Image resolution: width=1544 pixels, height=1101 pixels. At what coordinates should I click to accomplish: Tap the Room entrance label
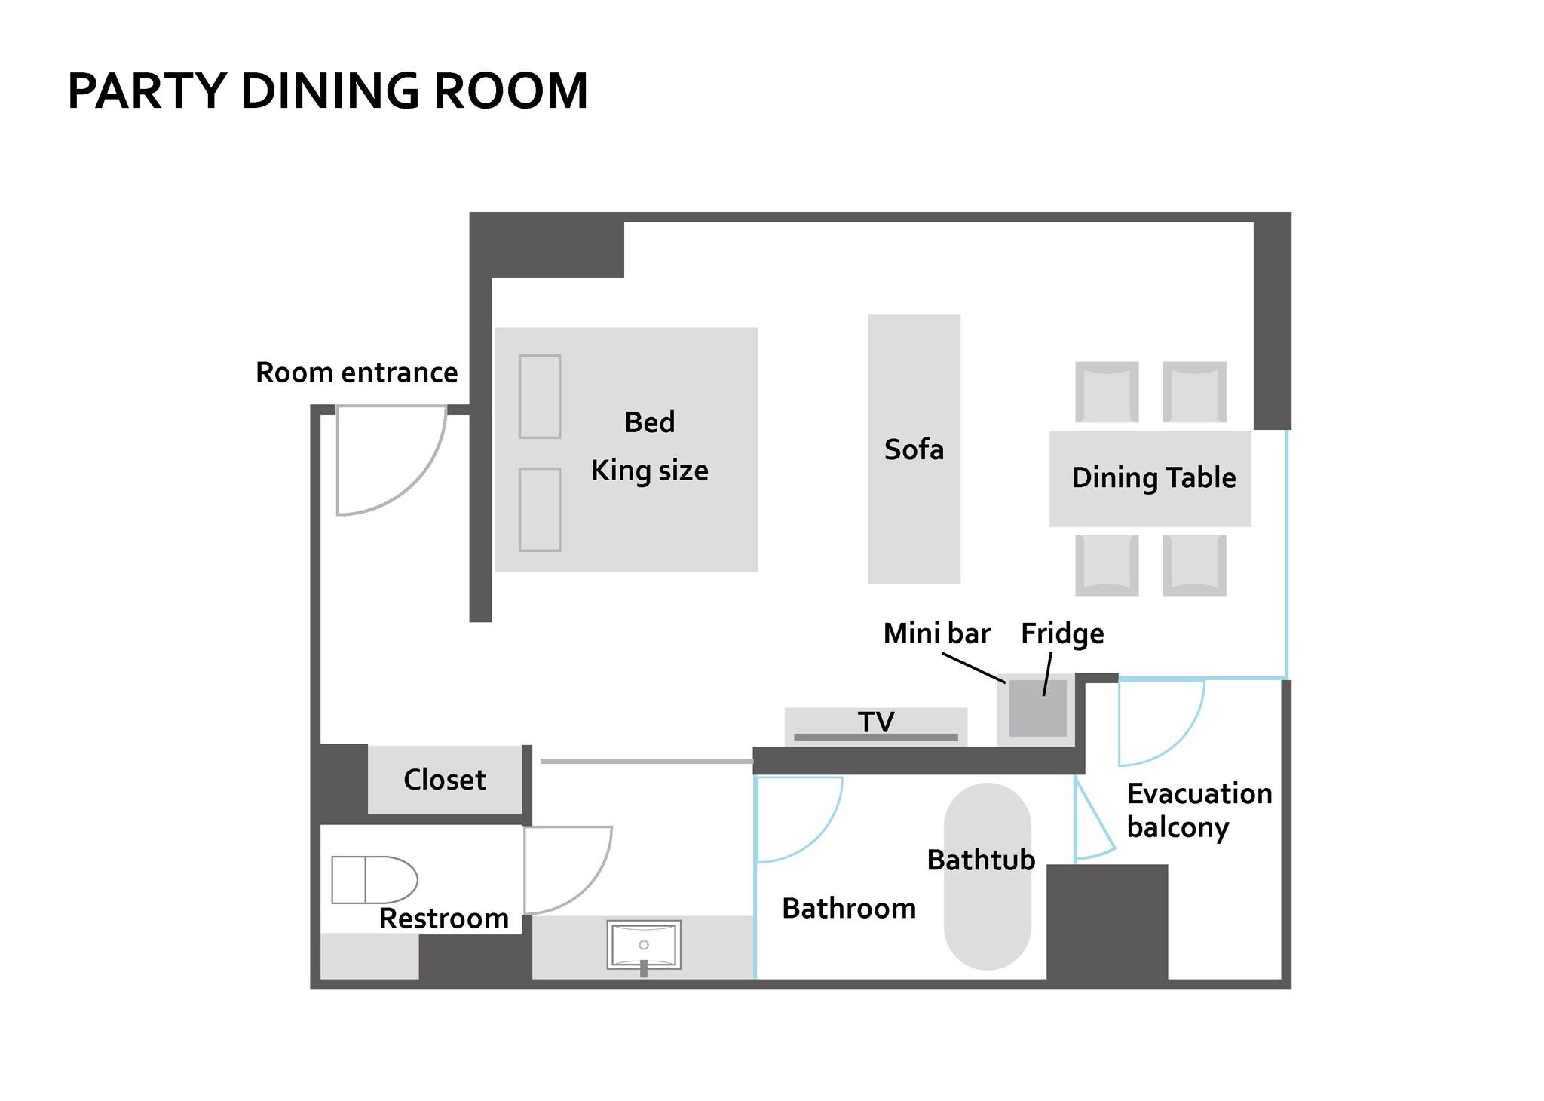tap(357, 373)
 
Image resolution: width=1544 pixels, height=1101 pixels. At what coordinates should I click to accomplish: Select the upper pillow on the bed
tap(540, 397)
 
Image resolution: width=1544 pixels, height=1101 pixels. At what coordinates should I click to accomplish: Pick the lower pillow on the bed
tap(540, 510)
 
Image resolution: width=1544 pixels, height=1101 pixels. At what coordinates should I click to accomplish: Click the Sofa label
tap(914, 449)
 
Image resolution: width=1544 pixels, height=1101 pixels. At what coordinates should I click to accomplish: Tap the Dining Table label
tap(1153, 477)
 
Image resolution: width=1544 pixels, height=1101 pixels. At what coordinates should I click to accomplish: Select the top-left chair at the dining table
tap(1107, 392)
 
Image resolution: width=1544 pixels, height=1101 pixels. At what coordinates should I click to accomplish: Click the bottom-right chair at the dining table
tap(1194, 565)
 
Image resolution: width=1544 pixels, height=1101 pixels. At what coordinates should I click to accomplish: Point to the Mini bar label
tap(936, 633)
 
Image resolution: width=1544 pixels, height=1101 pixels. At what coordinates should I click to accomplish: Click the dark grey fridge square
tap(1037, 709)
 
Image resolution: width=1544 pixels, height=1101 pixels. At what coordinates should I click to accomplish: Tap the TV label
tap(876, 722)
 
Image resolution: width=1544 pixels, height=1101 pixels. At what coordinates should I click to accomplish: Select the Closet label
tap(445, 780)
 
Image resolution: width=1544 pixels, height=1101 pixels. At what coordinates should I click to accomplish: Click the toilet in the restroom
tap(375, 880)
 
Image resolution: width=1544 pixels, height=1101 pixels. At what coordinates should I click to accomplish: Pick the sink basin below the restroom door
tap(644, 944)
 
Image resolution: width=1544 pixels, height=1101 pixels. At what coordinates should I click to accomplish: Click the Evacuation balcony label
tap(1199, 810)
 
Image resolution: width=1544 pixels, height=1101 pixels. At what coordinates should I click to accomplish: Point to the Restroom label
tap(443, 919)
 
